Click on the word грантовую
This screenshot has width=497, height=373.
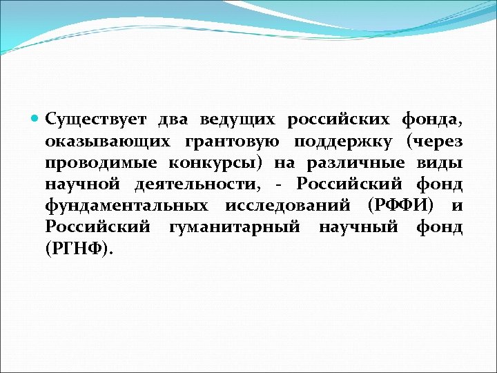point(232,142)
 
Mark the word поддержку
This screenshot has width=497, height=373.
point(344,142)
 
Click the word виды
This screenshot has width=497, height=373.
point(440,164)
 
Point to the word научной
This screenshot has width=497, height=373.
point(79,185)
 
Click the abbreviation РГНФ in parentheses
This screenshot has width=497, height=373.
point(77,250)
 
